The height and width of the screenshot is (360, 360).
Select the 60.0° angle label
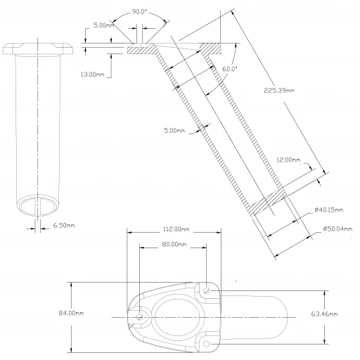coord(229,69)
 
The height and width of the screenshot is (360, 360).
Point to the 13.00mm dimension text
coord(93,74)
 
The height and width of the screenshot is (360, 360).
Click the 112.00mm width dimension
coord(172,229)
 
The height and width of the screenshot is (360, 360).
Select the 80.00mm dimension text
coord(174,245)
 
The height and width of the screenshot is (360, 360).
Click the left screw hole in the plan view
coord(141,318)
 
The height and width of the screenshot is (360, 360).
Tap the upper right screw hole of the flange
coord(206,290)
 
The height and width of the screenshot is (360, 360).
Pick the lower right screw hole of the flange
coord(207,344)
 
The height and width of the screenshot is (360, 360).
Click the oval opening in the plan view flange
coord(174,317)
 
